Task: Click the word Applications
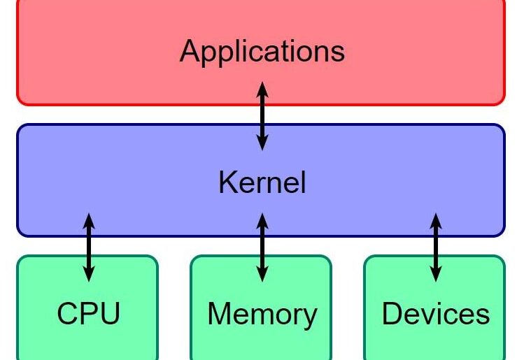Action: (x=262, y=52)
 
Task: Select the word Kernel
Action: (x=262, y=182)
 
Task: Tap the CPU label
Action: (x=88, y=314)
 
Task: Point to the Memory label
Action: (x=262, y=315)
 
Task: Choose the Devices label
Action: (x=435, y=314)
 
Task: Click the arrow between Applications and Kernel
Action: (x=262, y=115)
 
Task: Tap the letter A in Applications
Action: (x=191, y=51)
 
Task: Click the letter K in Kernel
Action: (x=226, y=182)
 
